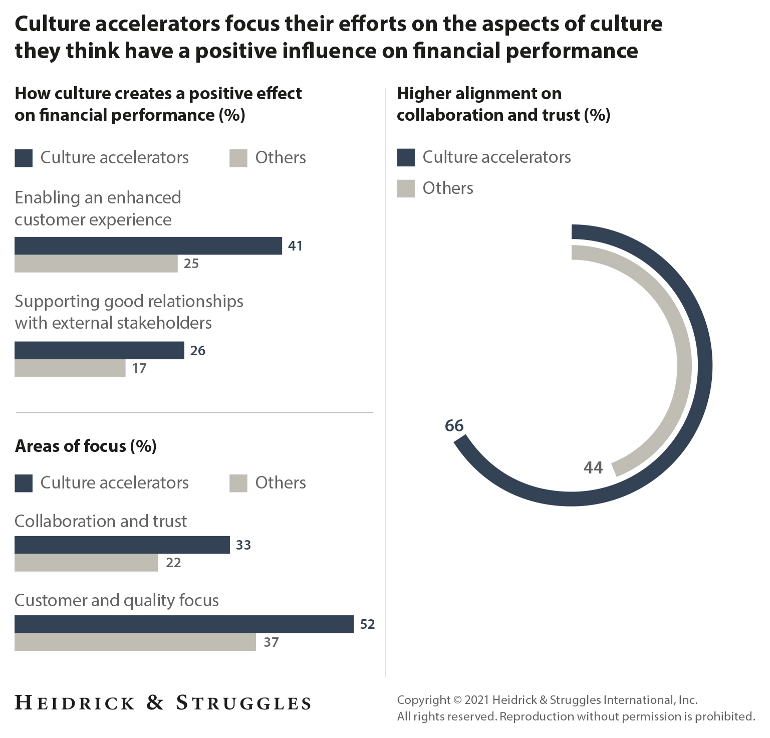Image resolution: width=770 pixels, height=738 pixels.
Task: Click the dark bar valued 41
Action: pos(148,246)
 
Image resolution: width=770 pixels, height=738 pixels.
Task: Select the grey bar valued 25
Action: pos(96,264)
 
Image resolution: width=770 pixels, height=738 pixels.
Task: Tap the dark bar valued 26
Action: pos(99,351)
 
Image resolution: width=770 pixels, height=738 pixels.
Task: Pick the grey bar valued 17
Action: pos(70,368)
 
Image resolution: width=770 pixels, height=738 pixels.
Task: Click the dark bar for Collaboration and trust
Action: pos(122,545)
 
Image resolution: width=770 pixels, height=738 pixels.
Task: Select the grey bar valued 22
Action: pos(86,563)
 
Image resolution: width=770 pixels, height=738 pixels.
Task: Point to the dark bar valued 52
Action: pos(184,624)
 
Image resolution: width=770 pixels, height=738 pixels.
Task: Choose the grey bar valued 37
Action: pos(135,642)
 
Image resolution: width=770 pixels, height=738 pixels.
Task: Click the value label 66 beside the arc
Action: pos(454,426)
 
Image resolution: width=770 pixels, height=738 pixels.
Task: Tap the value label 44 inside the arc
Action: pos(593,468)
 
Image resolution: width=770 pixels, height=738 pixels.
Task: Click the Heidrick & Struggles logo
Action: pos(163,703)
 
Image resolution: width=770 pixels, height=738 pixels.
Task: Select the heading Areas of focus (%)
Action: pos(86,446)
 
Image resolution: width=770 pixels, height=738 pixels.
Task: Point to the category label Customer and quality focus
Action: pos(116,600)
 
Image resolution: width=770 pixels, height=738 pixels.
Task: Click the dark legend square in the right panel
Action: pos(406,157)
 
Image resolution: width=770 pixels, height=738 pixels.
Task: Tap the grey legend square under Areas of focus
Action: pos(238,483)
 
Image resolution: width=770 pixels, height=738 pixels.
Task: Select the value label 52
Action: pos(367,624)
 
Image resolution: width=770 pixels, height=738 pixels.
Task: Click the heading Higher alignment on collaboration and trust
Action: pos(503,104)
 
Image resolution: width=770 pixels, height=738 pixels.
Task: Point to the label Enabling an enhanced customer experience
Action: pos(98,208)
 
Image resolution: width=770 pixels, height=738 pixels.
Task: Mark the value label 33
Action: pos(243,545)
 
